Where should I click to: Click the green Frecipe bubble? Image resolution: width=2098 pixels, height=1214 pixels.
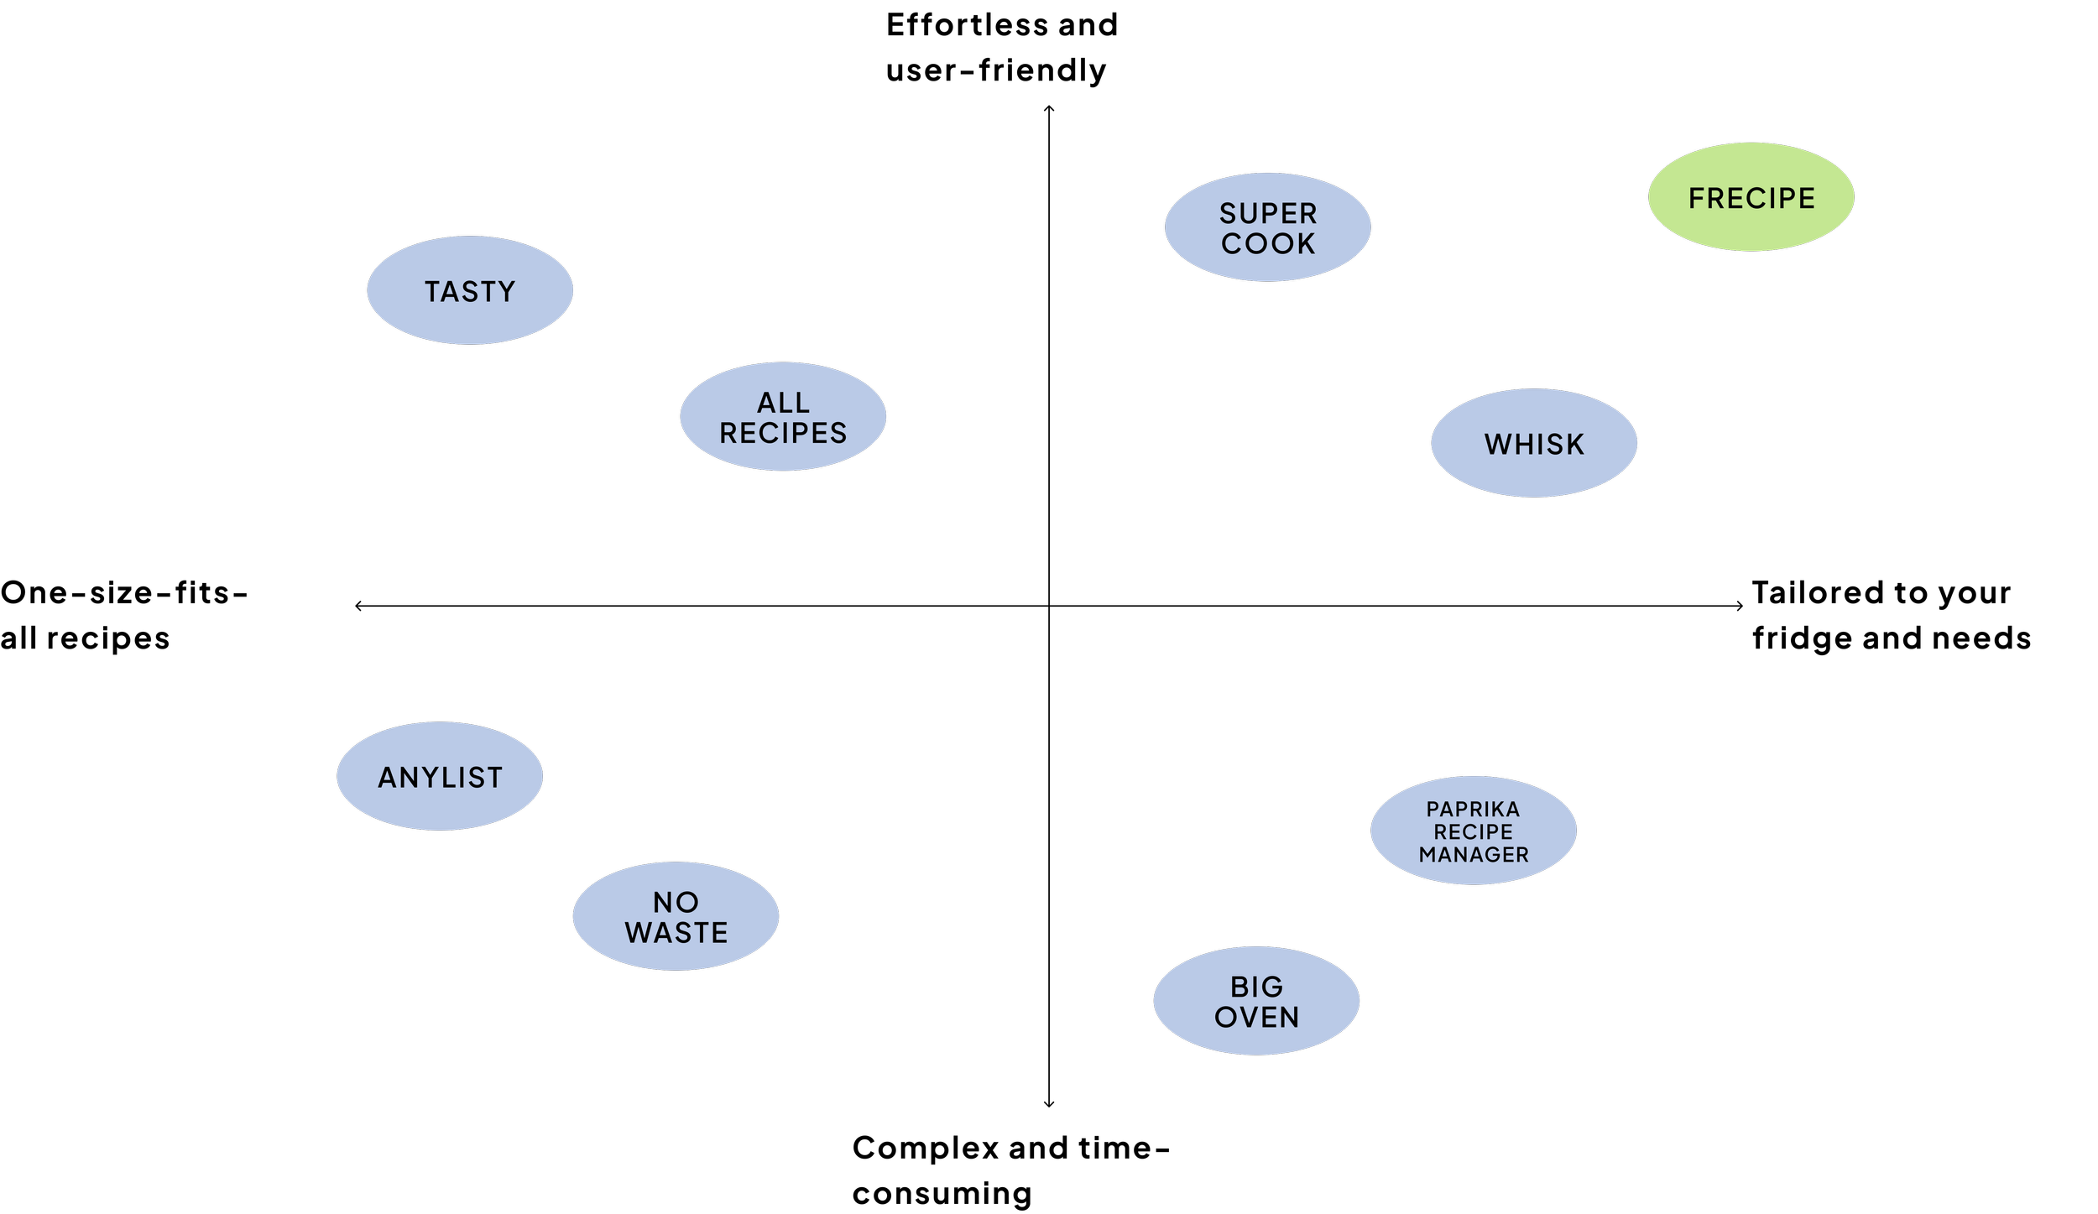tap(1751, 197)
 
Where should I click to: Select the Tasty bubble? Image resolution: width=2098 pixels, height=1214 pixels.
tap(470, 290)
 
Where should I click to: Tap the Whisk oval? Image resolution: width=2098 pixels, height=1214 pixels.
tap(1534, 443)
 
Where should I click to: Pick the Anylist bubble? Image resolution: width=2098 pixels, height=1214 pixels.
tap(440, 777)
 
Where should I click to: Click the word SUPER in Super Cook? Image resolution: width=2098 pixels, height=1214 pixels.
tap(1268, 213)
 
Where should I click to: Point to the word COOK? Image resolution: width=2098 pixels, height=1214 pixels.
tap(1268, 243)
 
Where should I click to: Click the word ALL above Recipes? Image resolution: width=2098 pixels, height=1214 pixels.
tap(783, 403)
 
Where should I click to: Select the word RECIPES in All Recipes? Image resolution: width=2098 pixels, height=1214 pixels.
tap(783, 433)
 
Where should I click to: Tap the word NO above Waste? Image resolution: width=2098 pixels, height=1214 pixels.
tap(676, 902)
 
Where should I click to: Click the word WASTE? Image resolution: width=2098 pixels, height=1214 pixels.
tap(676, 932)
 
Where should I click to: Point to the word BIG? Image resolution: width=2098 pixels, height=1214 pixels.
tap(1256, 987)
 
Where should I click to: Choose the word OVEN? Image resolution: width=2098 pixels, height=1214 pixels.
tap(1256, 1017)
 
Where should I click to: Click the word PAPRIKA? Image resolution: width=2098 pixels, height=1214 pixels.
tap(1473, 809)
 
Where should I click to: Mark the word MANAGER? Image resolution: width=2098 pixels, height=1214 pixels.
tap(1473, 854)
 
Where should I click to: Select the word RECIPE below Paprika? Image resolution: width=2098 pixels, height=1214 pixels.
tap(1473, 831)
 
